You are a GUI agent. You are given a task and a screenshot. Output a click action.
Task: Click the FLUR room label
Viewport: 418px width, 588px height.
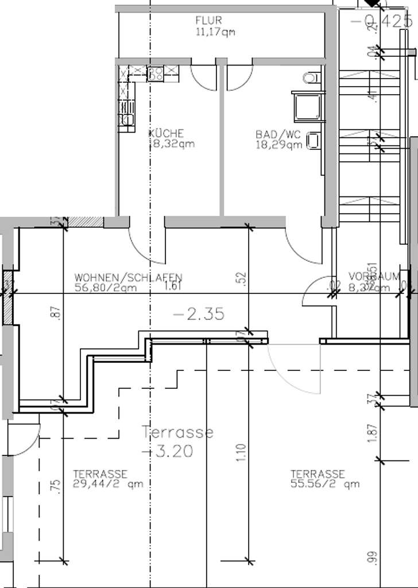coord(208,21)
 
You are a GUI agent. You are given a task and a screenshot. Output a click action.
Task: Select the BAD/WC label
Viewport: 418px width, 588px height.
coord(278,134)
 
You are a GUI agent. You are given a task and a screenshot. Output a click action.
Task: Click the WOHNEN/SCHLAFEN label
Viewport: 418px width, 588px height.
coord(129,277)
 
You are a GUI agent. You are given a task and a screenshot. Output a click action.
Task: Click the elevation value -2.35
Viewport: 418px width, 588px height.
coord(198,314)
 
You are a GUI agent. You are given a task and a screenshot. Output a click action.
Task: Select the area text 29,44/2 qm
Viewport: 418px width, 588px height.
coord(108,484)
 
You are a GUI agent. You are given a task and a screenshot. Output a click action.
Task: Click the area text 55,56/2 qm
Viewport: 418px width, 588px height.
coord(325,484)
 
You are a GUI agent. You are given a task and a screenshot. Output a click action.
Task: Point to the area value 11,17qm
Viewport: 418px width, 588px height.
coord(215,32)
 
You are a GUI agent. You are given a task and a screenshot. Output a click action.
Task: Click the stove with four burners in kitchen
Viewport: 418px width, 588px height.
coord(155,73)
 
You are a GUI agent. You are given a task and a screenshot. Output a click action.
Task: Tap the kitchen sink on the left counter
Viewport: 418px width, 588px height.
coord(127,119)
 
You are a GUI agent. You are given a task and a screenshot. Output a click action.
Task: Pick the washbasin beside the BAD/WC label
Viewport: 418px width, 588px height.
coord(313,140)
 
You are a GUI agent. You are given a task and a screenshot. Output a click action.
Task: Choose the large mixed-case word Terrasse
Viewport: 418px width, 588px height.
coord(178,432)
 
